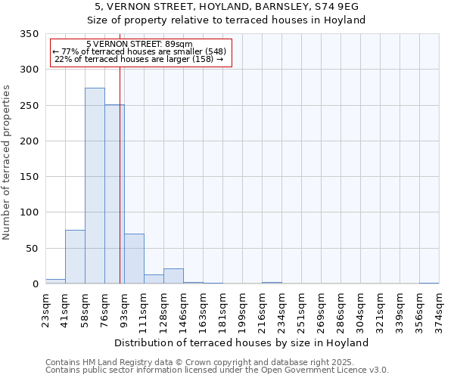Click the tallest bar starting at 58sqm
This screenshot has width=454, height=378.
pyautogui.click(x=95, y=185)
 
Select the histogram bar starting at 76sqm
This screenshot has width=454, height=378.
pyautogui.click(x=114, y=194)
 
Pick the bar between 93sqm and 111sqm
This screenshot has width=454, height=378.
pyautogui.click(x=134, y=259)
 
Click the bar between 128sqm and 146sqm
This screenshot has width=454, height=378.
pyautogui.click(x=173, y=276)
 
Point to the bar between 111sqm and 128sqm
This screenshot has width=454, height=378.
pyautogui.click(x=154, y=279)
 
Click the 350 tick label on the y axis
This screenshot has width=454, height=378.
pyautogui.click(x=29, y=34)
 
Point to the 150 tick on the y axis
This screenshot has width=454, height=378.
pyautogui.click(x=29, y=177)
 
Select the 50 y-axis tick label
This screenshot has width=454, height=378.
pyautogui.click(x=32, y=248)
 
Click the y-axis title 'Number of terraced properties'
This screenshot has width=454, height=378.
pyautogui.click(x=8, y=162)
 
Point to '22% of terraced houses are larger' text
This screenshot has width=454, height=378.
pyautogui.click(x=139, y=60)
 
